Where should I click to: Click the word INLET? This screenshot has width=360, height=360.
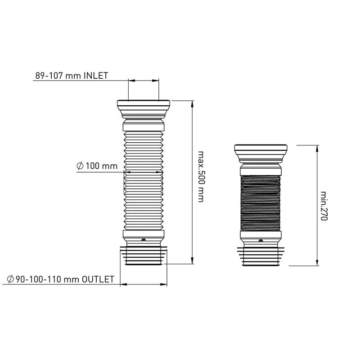click(x=96, y=76)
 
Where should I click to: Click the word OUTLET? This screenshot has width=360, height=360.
click(x=98, y=279)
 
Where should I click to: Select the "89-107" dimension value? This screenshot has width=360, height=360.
click(x=49, y=76)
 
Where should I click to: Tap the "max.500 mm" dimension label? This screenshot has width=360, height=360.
click(x=200, y=176)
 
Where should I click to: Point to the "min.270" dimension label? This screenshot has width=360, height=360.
click(x=324, y=206)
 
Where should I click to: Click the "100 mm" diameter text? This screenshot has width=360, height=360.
click(x=102, y=166)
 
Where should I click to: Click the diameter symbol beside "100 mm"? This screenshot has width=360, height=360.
click(x=80, y=166)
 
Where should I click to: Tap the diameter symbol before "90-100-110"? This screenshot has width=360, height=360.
click(x=10, y=279)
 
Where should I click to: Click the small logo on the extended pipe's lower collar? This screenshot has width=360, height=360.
click(x=144, y=239)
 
